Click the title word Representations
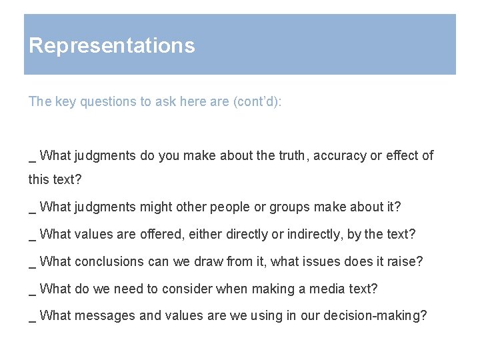pos(112,45)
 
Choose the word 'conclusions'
pos(109,261)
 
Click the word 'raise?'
pos(405,261)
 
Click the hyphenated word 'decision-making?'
pos(375,316)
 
